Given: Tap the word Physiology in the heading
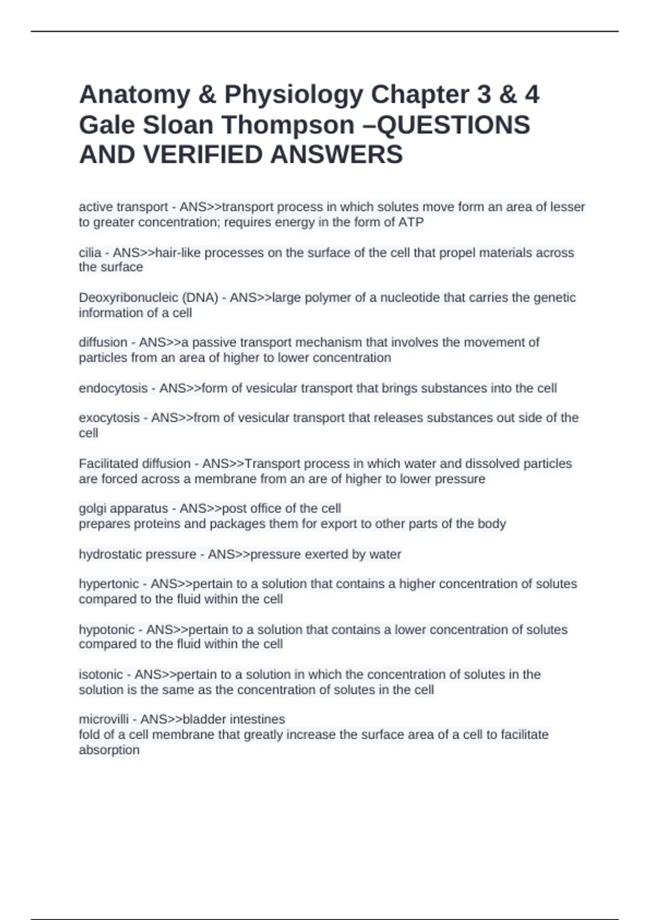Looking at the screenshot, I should (294, 95).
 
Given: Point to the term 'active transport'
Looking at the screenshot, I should (123, 207).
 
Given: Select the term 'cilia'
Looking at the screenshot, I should (90, 253).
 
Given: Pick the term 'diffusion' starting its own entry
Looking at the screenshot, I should (103, 343).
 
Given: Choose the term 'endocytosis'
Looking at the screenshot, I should (113, 389).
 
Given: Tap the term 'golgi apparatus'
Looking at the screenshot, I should (123, 509).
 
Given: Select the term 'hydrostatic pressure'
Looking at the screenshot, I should (138, 555).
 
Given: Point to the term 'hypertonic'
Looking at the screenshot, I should (109, 584).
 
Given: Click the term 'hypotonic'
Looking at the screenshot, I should (107, 630).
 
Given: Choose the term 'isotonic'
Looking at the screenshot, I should (101, 675).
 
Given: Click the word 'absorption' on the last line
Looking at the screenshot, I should (109, 750).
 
